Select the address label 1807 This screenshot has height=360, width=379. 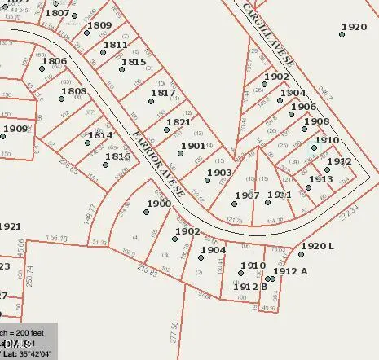57,13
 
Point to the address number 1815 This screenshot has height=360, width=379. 134,62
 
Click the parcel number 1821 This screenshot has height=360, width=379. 178,123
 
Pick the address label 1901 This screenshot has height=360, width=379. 193,146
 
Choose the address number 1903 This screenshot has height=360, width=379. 219,173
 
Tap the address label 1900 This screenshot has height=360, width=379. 159,204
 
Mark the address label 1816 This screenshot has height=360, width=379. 118,156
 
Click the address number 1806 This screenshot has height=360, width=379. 54,61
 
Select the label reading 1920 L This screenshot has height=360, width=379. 317,246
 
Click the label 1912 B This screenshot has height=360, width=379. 251,286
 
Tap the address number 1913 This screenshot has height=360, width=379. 320,178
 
